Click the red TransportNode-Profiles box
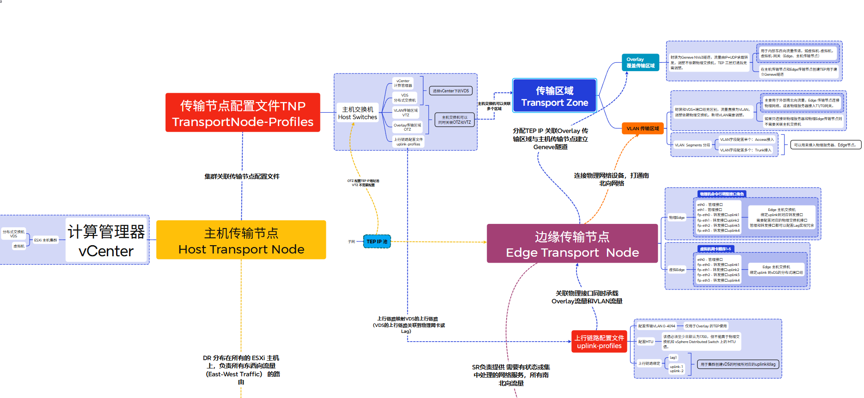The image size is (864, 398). (x=243, y=113)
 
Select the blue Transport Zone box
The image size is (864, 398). (x=554, y=96)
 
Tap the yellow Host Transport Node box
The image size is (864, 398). (x=241, y=240)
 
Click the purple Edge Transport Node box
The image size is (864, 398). (x=572, y=244)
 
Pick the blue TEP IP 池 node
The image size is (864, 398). (x=377, y=241)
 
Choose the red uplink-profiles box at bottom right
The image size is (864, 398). (x=599, y=342)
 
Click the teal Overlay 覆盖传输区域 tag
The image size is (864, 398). (x=640, y=62)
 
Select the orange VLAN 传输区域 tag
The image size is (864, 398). (x=643, y=128)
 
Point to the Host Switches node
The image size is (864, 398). (x=357, y=113)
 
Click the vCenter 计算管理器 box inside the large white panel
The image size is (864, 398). (x=106, y=241)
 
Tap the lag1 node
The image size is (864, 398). (x=673, y=357)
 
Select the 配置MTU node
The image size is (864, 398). (x=646, y=342)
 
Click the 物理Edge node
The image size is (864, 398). (x=677, y=217)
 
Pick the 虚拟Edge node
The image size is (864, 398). (x=677, y=270)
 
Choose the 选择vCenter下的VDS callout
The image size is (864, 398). (x=451, y=91)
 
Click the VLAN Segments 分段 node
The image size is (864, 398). (x=692, y=145)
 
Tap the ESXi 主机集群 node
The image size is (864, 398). (x=46, y=240)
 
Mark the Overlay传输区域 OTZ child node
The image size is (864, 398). (x=407, y=127)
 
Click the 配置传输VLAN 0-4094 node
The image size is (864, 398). (x=656, y=326)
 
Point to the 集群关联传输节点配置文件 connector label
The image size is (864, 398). (x=242, y=176)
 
